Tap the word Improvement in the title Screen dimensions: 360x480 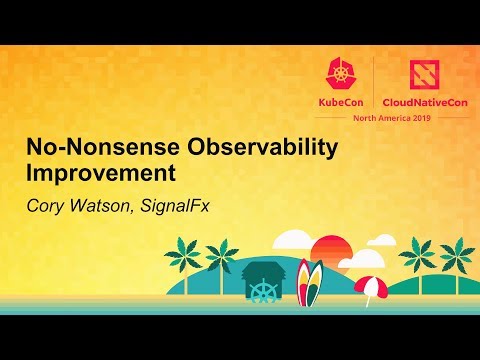coord(101,172)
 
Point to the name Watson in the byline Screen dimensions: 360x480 coord(104,200)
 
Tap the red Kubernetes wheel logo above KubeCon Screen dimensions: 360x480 coord(339,71)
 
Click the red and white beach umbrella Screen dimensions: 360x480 coord(370,284)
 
